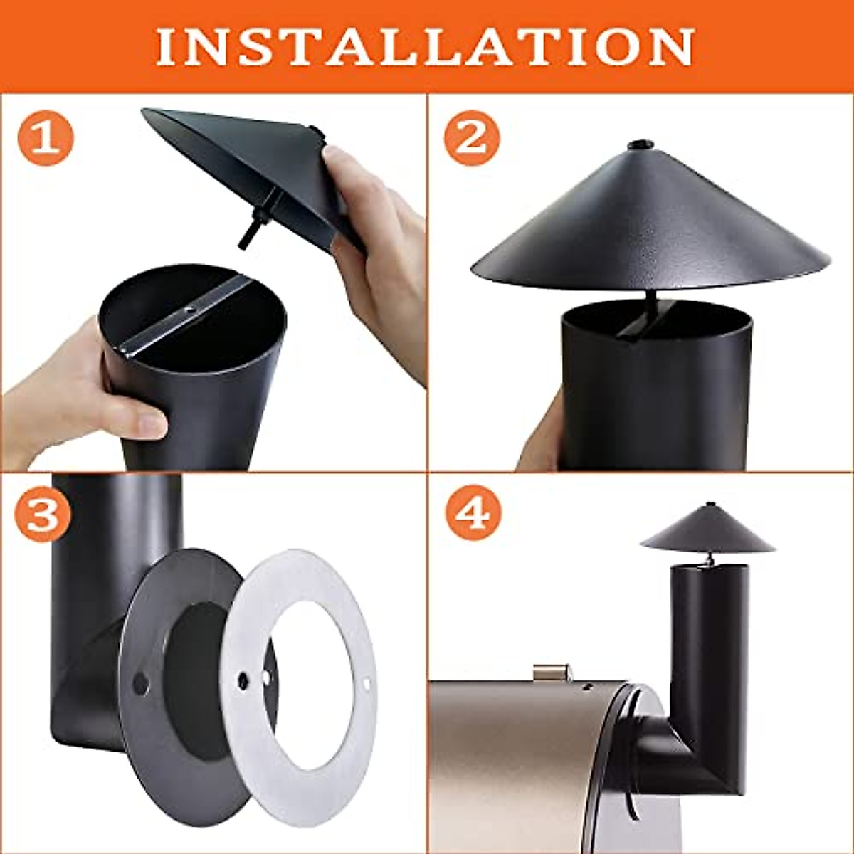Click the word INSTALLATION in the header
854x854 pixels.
tap(425, 47)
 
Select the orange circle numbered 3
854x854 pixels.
tap(43, 514)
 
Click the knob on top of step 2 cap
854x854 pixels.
tap(640, 145)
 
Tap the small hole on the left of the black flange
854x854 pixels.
tap(140, 683)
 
